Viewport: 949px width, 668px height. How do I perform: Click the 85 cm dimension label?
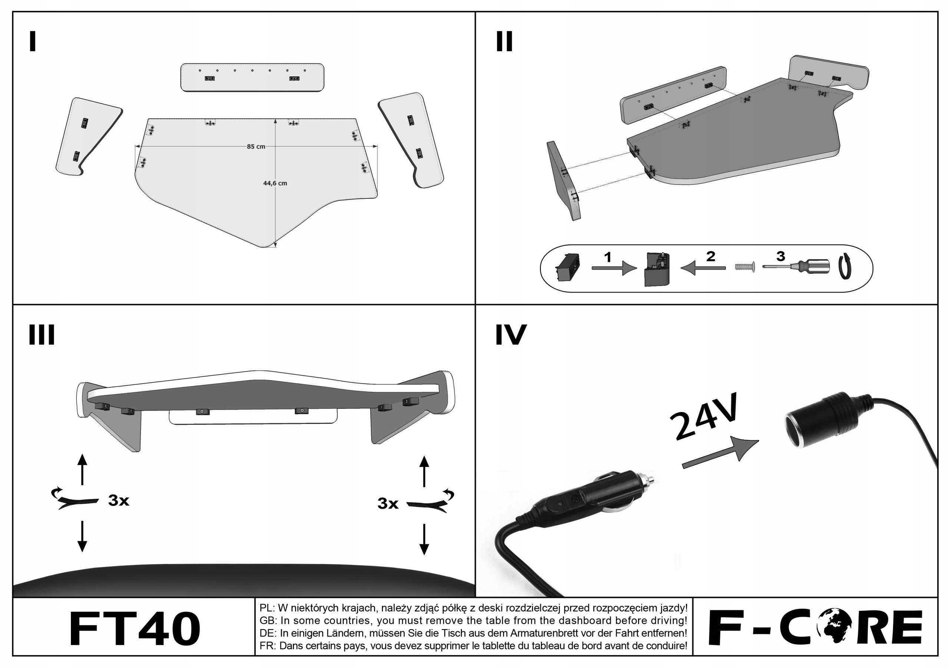tap(256, 147)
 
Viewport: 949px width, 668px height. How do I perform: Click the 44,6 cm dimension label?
tap(275, 183)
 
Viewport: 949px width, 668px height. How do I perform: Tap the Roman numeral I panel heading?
tap(33, 42)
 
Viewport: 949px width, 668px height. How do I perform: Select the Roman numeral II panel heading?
tap(504, 42)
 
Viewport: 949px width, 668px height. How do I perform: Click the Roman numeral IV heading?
tap(511, 335)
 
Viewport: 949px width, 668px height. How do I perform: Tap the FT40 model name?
tap(135, 629)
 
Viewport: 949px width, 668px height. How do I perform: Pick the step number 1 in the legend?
tap(608, 257)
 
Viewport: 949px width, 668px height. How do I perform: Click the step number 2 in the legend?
tap(711, 256)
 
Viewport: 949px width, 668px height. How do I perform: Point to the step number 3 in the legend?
tap(780, 256)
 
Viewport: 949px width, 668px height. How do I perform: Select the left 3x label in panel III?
tap(119, 500)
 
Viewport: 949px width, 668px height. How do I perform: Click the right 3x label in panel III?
tap(388, 503)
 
